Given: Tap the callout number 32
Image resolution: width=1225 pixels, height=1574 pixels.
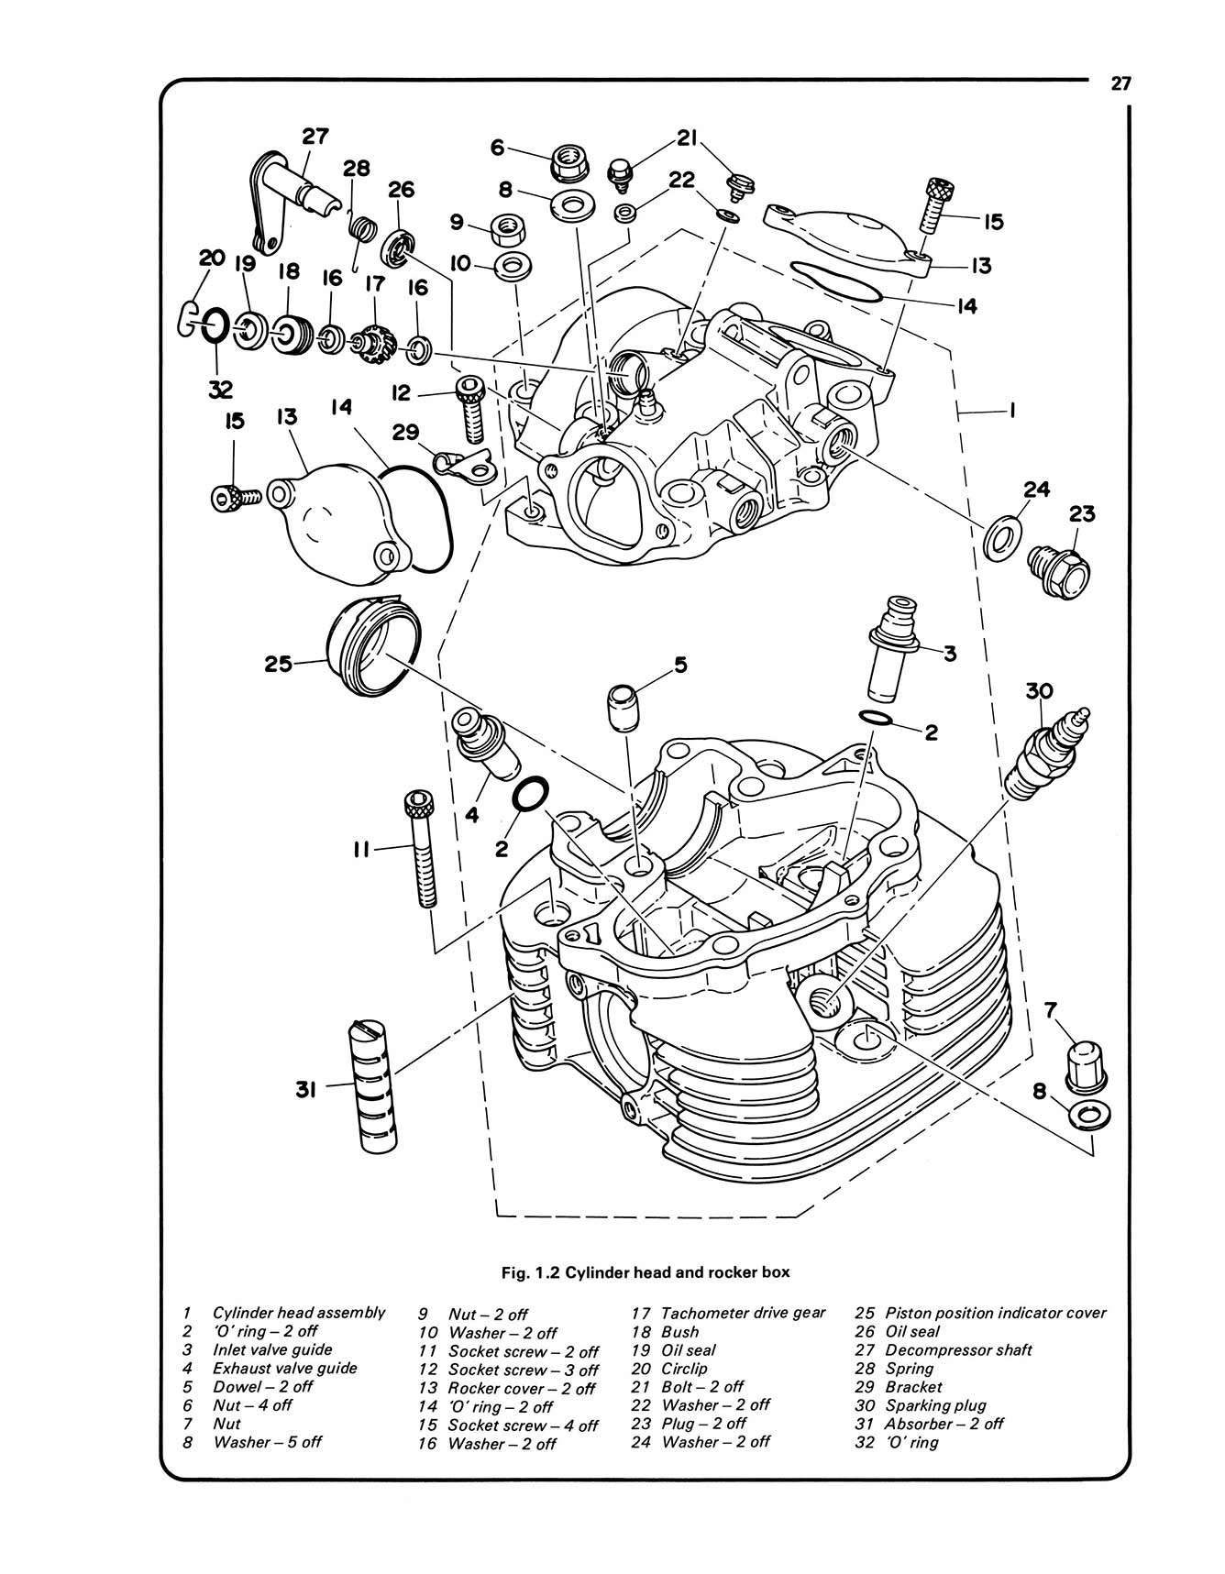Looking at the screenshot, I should pos(220,389).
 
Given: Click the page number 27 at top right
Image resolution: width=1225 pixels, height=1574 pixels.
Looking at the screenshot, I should pos(1121,84).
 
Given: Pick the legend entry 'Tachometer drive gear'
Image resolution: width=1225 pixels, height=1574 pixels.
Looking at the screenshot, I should pos(743,1313).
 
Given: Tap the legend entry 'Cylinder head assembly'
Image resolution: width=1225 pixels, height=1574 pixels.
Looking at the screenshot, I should pos(299,1313).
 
